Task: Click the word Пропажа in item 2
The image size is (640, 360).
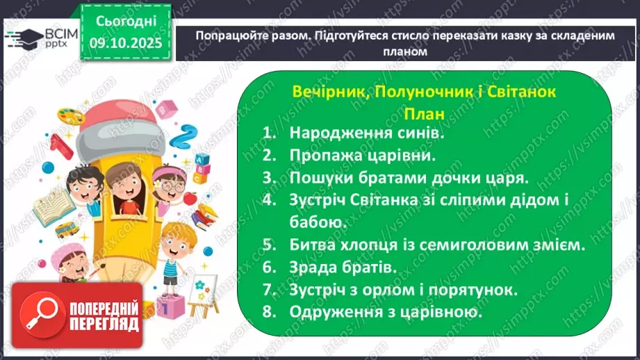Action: pyautogui.click(x=326, y=155)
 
